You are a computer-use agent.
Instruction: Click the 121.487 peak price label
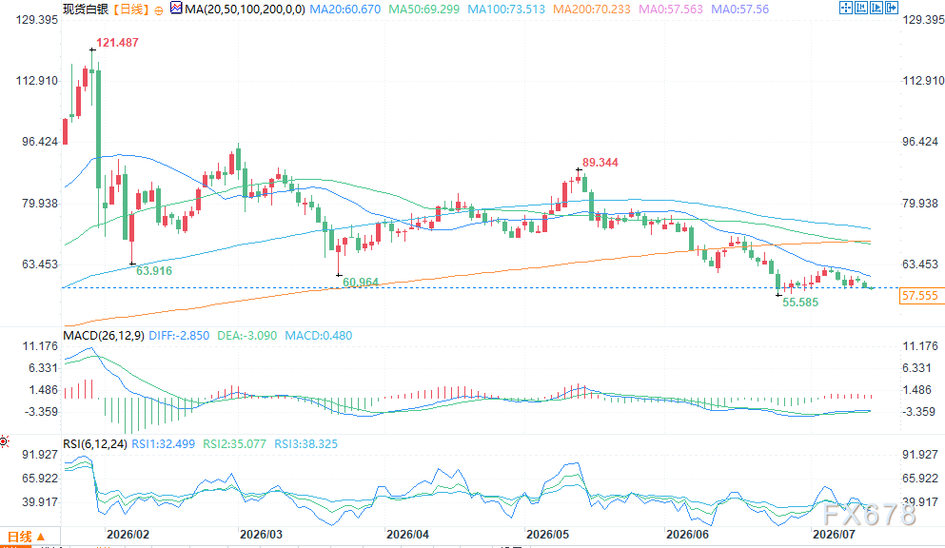pos(117,43)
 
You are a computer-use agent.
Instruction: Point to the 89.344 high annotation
pos(600,163)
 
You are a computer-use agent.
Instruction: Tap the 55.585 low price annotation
pos(800,303)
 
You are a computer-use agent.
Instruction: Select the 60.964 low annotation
pos(361,282)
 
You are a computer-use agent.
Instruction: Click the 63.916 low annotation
pos(153,271)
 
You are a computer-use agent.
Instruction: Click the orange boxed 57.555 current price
pos(919,296)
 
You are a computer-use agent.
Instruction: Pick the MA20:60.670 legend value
pos(345,9)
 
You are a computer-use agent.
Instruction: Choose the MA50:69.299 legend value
pos(424,9)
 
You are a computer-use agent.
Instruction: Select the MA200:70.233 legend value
pos(592,9)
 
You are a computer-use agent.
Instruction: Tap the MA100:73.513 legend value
pos(506,9)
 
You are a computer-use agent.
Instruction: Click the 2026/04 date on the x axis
pos(407,534)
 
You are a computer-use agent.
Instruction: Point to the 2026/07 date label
pos(834,534)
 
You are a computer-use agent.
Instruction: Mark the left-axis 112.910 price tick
pos(37,81)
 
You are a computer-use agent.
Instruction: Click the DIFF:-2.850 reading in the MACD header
pos(179,336)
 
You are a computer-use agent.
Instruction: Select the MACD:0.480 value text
pos(318,336)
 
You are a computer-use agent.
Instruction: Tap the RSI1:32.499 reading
pos(164,443)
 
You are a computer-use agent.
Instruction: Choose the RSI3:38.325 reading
pos(306,443)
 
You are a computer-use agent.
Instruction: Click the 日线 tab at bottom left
pos(20,536)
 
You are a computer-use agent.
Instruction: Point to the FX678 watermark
pos(869,515)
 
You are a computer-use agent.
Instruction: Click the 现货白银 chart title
pos(86,9)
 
